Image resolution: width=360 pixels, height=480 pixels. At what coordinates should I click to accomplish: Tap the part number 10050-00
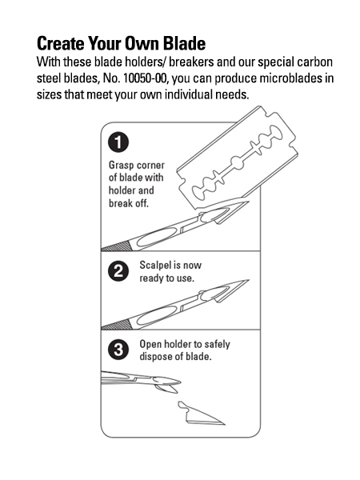coord(146,78)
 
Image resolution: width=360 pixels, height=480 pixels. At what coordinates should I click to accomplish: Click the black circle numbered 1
coord(118,142)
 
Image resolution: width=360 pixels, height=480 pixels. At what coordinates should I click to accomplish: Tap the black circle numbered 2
coord(118,271)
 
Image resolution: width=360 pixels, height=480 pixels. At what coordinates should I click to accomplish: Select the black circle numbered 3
coord(118,350)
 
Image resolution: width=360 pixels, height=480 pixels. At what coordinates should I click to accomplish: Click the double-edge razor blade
coord(238,158)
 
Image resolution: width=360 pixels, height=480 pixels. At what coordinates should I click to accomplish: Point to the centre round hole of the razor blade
coord(238,162)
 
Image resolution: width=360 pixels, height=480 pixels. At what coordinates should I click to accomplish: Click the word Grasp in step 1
coord(122,166)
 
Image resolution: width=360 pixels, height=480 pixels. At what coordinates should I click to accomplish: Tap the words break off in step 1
coord(129,203)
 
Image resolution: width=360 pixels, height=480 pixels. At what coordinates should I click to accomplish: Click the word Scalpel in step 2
coord(155,265)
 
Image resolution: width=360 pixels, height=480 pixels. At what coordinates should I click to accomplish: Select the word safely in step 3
coord(217,344)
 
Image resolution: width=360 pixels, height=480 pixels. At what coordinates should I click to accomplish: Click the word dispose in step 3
coord(154,357)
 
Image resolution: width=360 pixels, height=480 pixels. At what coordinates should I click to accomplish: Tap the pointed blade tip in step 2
coord(248,280)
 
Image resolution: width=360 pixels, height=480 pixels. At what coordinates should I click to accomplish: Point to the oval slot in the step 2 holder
coord(156,315)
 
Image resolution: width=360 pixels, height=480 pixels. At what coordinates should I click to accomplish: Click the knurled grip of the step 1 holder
coord(117,246)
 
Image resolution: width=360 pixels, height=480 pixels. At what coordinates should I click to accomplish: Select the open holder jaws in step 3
coord(167,385)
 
